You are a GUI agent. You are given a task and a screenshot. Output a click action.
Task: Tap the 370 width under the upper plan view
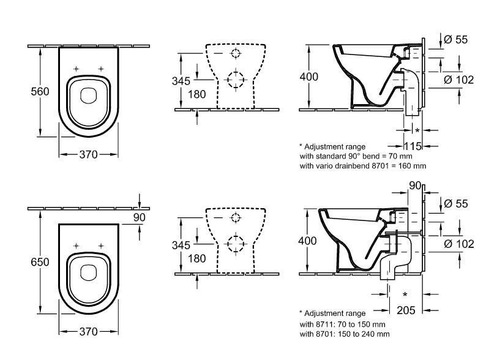(88, 155)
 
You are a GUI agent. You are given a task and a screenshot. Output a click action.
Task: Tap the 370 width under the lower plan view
(88, 331)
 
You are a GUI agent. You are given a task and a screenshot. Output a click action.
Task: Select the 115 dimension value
(414, 146)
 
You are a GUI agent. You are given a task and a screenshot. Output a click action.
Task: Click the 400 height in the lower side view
(308, 241)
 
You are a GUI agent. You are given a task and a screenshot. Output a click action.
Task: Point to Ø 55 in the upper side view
(455, 40)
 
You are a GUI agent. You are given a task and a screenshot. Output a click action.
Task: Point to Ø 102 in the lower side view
(458, 244)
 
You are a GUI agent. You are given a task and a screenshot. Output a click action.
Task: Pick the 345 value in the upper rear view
(182, 81)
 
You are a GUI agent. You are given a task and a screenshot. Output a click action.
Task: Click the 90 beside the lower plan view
(140, 216)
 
